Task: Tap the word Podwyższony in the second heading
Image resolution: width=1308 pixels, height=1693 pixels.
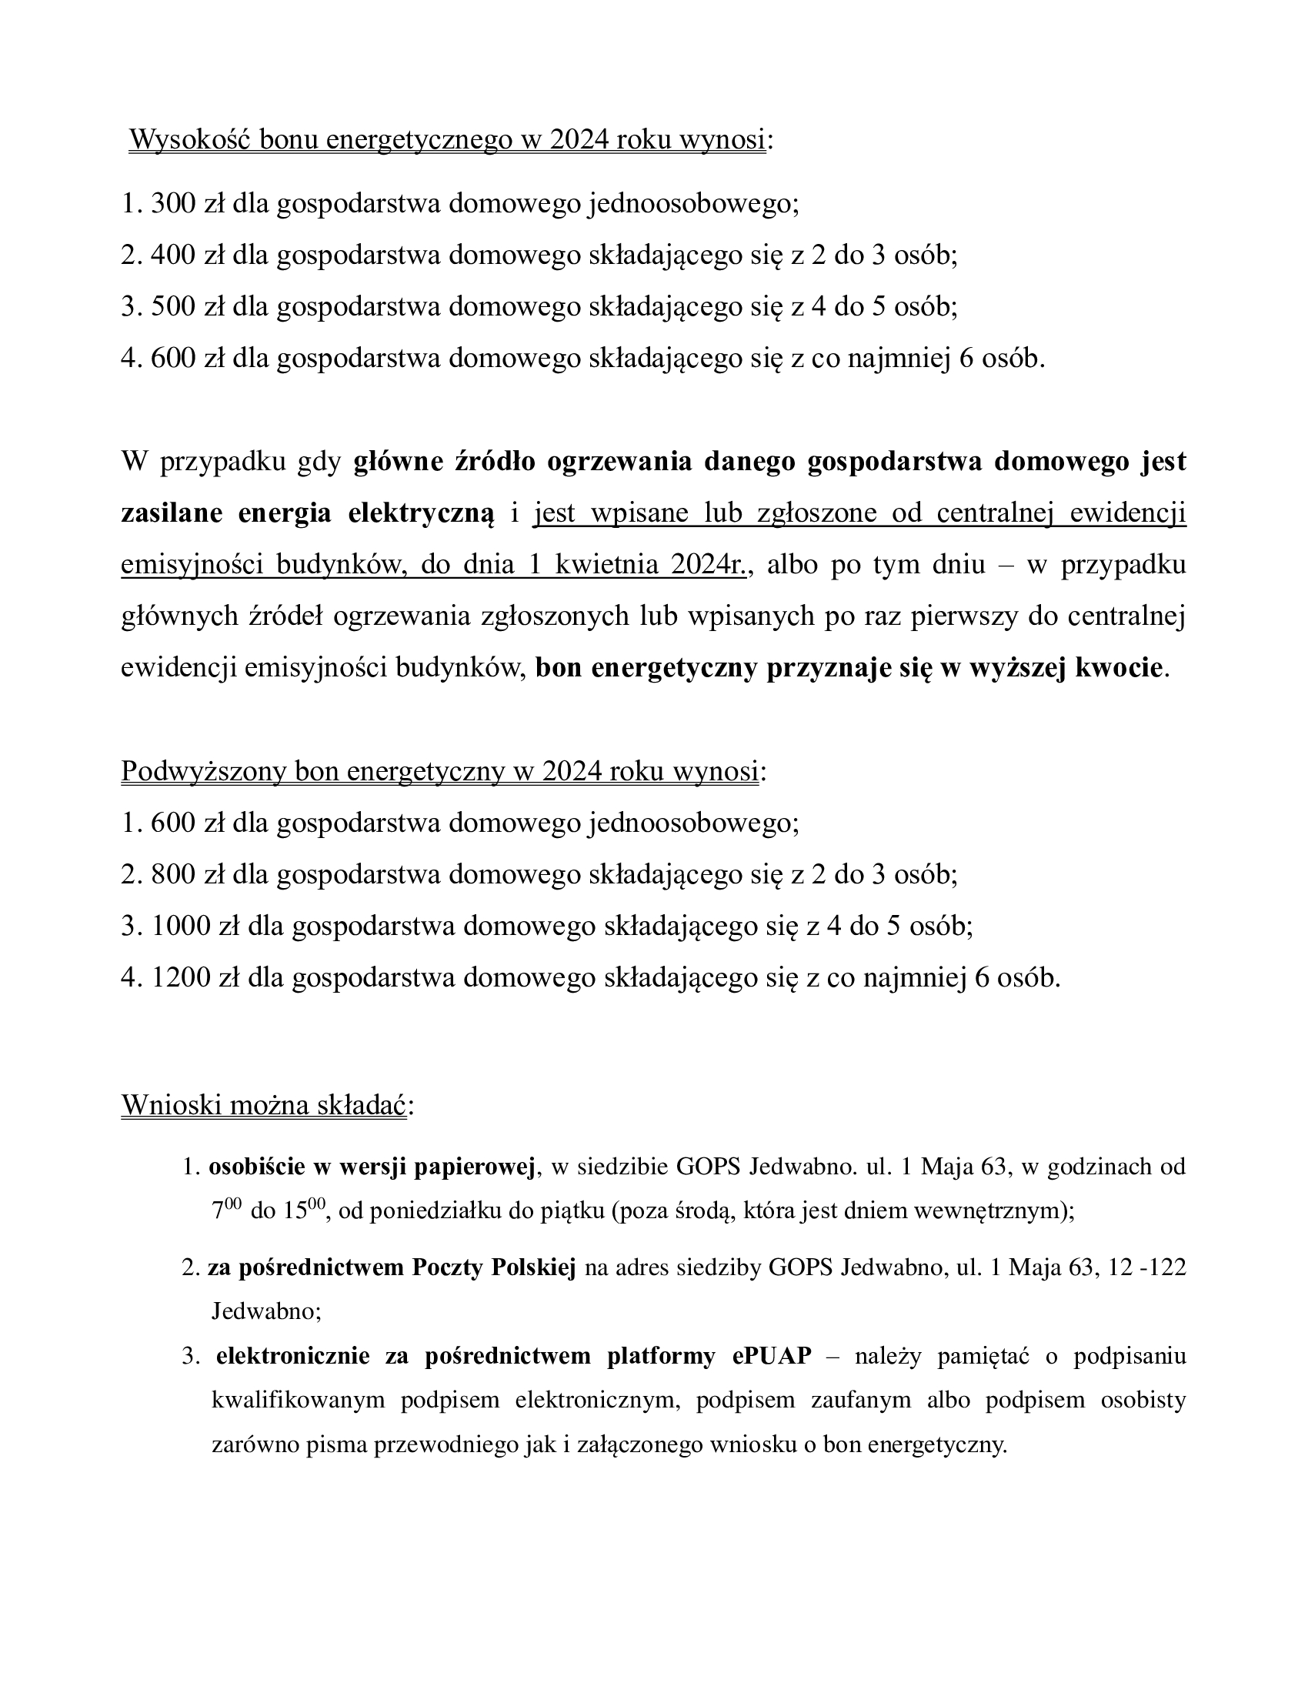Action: click(204, 771)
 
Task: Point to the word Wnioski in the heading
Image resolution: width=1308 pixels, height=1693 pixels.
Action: click(172, 1105)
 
